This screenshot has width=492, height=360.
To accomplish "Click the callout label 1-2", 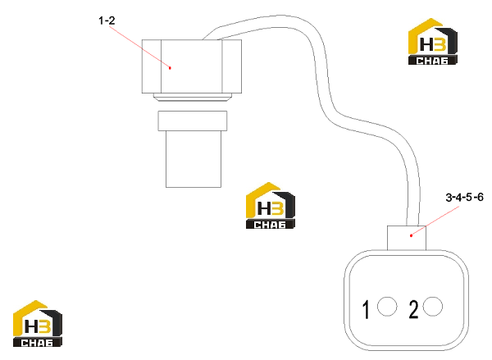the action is point(107,21).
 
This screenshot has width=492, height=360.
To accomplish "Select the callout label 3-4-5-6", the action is point(464,198).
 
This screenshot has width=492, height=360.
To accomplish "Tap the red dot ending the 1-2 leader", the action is point(170,68).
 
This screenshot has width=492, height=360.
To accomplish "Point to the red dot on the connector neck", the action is point(411,235).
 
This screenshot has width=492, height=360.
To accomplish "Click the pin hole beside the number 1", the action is point(387,307).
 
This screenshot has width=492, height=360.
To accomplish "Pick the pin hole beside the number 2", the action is point(433,307).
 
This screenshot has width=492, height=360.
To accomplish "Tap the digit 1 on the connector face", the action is point(366,309).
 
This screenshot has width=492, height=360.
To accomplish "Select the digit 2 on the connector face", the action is point(413,309).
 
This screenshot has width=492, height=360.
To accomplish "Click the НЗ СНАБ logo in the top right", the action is point(432,42).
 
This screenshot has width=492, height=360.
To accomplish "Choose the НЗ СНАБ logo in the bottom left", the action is point(38,324).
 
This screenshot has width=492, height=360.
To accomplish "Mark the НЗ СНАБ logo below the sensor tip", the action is point(270,205).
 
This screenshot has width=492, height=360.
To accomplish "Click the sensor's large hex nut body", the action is point(192,66).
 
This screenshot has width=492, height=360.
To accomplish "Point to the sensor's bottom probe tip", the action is point(194,159).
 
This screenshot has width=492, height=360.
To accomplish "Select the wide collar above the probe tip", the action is point(193,121).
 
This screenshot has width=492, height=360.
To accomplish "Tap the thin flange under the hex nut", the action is point(193,98).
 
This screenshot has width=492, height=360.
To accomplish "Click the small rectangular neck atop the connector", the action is point(407,238).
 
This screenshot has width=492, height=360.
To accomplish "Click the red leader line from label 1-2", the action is point(139,47).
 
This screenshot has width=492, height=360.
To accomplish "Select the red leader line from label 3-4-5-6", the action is point(435,221).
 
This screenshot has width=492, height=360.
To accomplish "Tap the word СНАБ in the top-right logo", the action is point(432,60).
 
